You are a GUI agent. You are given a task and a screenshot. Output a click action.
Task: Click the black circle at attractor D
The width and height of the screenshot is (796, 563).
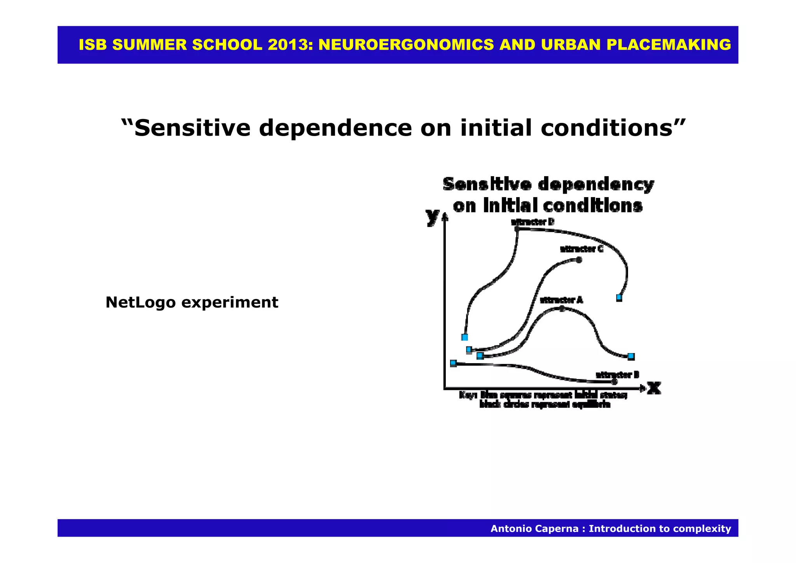(x=517, y=229)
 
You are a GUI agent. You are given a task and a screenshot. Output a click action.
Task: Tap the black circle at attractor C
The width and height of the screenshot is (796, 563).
(x=579, y=260)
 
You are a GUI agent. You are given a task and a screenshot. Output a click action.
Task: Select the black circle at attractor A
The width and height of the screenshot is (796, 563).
(x=562, y=308)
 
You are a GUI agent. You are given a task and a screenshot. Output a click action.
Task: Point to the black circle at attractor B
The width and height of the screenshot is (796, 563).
(x=614, y=382)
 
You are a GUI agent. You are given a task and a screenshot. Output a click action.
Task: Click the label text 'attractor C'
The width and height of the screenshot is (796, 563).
(x=581, y=249)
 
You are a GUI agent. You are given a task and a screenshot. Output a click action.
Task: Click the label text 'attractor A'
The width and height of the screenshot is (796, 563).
(x=561, y=300)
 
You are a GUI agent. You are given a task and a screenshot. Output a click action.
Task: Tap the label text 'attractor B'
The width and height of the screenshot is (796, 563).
(x=617, y=375)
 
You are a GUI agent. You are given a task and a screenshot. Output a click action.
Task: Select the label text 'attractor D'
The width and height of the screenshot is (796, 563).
(x=532, y=222)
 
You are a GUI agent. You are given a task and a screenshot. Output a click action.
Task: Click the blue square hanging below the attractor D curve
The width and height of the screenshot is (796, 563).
(x=619, y=298)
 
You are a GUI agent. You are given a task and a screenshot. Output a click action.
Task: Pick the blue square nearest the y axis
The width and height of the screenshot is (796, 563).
(x=453, y=363)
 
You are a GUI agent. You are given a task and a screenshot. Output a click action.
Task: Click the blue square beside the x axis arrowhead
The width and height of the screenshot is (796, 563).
(x=631, y=356)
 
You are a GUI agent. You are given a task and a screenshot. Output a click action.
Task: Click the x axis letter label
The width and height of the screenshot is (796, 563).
(x=654, y=388)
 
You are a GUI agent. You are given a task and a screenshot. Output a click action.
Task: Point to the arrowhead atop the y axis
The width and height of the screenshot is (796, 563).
(x=445, y=217)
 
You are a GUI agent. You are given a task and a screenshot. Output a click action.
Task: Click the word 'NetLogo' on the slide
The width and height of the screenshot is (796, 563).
(x=140, y=302)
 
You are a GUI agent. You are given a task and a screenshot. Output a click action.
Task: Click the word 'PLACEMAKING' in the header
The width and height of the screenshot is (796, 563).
(x=669, y=45)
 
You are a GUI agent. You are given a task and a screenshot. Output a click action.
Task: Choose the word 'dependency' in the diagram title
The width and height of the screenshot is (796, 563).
(x=596, y=184)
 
